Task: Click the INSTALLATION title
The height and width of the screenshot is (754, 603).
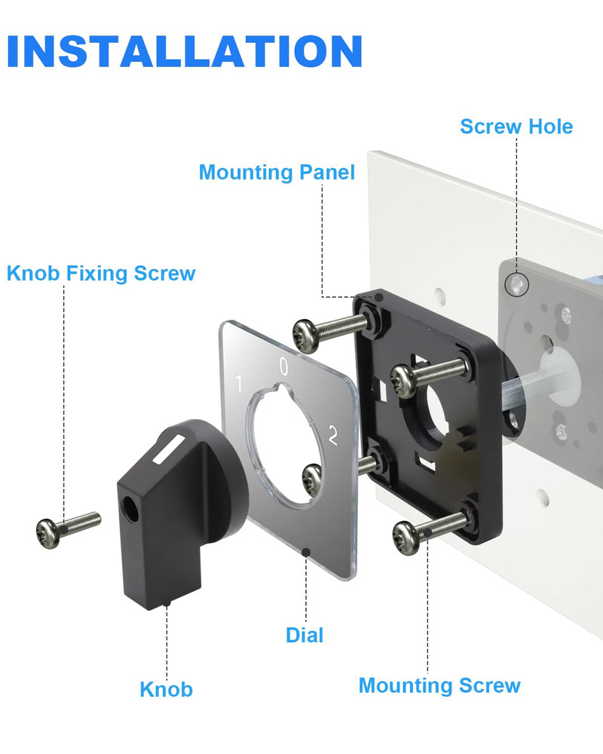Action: coord(185,51)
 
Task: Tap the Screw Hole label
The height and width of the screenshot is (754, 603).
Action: coord(516,127)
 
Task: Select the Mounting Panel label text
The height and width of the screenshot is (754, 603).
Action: coord(277,173)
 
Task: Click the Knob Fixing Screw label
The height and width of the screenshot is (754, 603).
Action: coord(101,273)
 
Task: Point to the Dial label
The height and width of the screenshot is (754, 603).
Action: coord(305,635)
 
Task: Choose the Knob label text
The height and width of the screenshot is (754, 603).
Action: coord(167,690)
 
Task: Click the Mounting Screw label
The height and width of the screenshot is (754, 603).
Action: coord(439,685)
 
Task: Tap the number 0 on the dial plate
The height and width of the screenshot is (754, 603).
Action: coord(283,366)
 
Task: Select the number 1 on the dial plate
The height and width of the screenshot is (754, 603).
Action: coord(239,384)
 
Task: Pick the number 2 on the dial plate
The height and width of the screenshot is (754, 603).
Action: coord(332,435)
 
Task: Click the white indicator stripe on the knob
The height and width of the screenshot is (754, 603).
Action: coord(169,449)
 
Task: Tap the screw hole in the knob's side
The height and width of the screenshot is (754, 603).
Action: coord(130,508)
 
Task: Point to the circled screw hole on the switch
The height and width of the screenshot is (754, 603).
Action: coord(516,284)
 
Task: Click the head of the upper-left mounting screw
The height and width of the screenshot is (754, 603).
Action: coord(306,335)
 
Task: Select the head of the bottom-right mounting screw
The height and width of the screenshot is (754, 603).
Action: coord(407,538)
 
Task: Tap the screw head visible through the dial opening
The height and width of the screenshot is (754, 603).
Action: coord(312,480)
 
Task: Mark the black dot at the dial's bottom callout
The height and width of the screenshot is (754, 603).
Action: coord(306,552)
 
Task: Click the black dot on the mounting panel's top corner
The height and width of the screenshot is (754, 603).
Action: coord(379,297)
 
